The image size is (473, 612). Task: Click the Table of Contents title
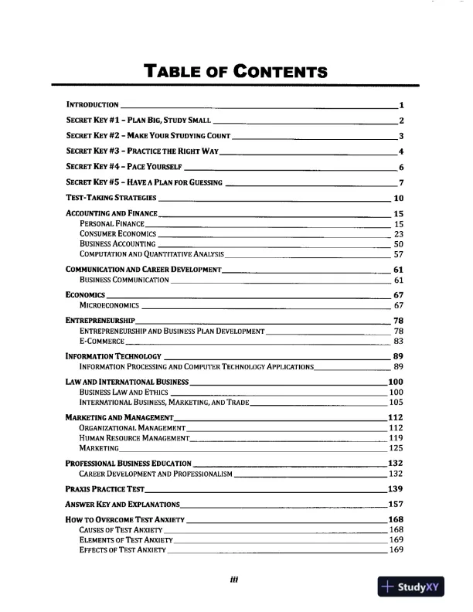click(x=236, y=73)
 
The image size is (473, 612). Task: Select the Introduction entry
click(x=92, y=104)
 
